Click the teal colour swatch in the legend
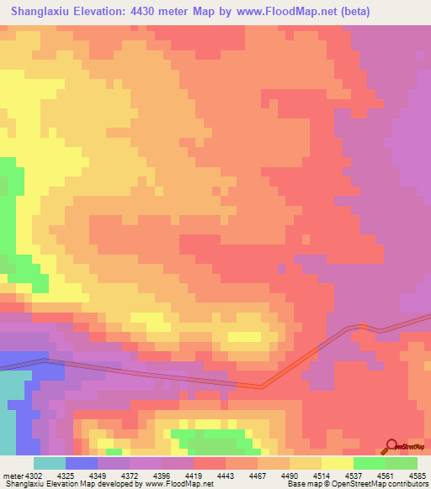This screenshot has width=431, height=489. [x=49, y=463]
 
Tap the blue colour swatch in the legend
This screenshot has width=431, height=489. [x=81, y=463]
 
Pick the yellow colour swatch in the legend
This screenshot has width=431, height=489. [x=337, y=463]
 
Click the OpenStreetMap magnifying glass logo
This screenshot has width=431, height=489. [x=391, y=445]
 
